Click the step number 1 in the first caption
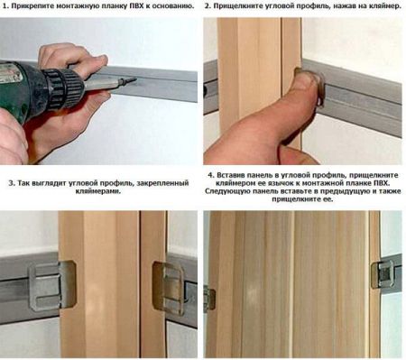click(x=6, y=6)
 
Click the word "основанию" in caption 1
click(x=168, y=6)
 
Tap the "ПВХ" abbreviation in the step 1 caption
click(x=126, y=6)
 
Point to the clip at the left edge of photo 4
click(x=209, y=298)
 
